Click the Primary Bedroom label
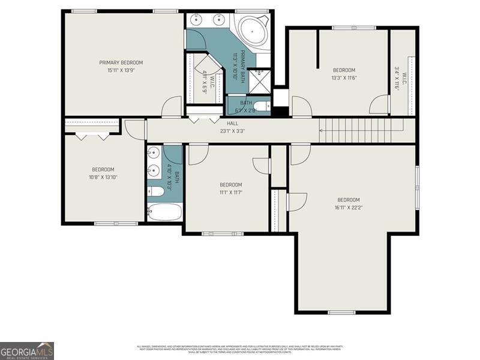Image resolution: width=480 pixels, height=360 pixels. point(121,62)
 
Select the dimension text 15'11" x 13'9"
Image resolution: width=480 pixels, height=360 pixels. point(121,70)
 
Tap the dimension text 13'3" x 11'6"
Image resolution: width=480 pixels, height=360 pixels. point(344,77)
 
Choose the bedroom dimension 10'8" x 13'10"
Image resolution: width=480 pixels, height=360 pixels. point(103,177)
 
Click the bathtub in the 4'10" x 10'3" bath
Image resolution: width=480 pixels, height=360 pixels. point(164,212)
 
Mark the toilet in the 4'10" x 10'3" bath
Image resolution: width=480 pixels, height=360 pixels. point(155,192)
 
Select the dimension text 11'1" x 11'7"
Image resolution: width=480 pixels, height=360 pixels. point(230,192)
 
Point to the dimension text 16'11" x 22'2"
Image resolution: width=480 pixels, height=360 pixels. point(348,208)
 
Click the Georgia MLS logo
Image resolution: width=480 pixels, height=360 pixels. point(27,350)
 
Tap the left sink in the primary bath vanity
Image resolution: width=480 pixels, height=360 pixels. point(196,20)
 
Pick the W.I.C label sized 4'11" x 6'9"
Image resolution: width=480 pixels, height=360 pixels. point(207,79)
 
